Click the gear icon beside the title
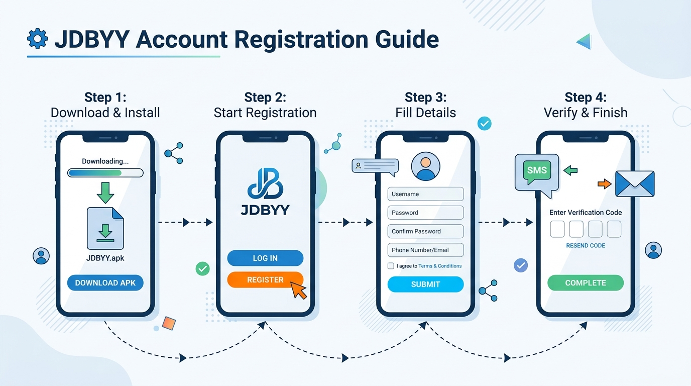tap(37, 39)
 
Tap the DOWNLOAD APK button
tap(105, 282)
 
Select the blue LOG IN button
tap(265, 258)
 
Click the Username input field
tap(425, 194)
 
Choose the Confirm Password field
tap(425, 231)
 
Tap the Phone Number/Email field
tap(425, 250)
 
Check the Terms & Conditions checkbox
tap(391, 266)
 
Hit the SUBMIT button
tap(425, 284)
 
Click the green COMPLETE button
tap(586, 282)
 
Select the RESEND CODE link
tap(586, 245)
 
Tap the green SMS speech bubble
tap(537, 172)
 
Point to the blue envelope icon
tap(635, 184)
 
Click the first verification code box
tap(557, 229)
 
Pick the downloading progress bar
tap(105, 172)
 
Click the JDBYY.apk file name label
tap(105, 258)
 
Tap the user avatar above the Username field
tap(426, 166)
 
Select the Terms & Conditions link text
tap(440, 266)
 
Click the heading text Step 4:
tap(586, 98)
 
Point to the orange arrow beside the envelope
tap(605, 184)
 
